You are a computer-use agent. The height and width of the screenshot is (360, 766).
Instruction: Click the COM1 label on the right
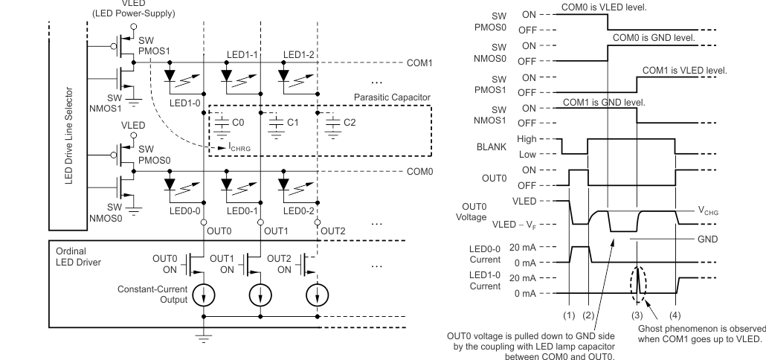421,62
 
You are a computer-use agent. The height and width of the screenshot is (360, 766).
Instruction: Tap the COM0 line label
421,170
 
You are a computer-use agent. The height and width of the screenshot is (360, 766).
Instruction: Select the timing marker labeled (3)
637,315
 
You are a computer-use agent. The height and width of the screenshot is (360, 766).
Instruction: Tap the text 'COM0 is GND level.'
654,36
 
